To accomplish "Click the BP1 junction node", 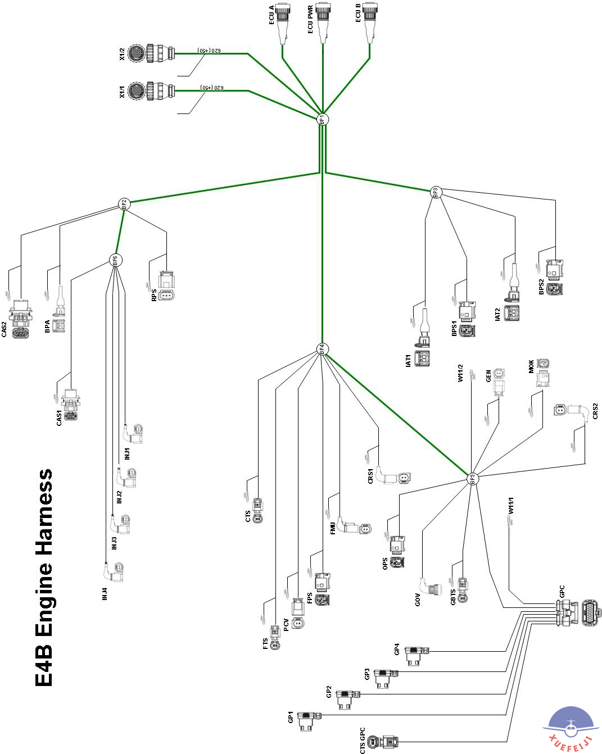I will (x=322, y=120).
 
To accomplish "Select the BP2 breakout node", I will (x=124, y=204).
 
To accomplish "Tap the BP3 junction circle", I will (x=436, y=193).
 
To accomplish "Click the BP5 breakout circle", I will (x=472, y=479).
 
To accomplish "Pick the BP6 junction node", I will (x=115, y=260).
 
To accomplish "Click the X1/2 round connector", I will (x=149, y=54).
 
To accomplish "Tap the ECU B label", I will (x=358, y=13).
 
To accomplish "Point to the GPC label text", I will (x=562, y=592).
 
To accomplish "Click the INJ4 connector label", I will (x=105, y=594).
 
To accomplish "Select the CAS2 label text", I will (x=4, y=329).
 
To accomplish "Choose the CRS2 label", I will (x=595, y=411).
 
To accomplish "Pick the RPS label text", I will (x=153, y=295).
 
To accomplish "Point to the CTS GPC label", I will (x=363, y=740).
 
